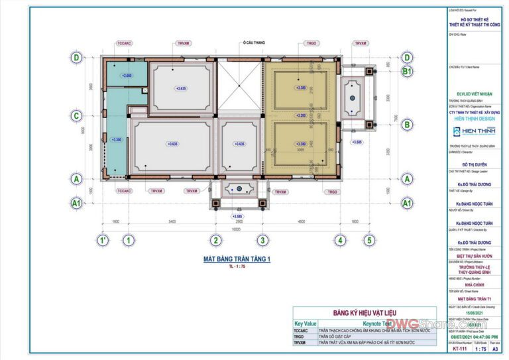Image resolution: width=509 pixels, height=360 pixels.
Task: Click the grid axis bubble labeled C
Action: pyautogui.click(x=77, y=116)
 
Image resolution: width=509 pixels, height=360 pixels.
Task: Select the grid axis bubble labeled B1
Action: pyautogui.click(x=407, y=71)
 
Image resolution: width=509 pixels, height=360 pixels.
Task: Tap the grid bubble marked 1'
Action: pyautogui.click(x=103, y=240)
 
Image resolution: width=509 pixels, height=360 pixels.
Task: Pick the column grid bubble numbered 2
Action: pyautogui.click(x=215, y=240)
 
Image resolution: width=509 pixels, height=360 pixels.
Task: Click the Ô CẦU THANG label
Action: pyautogui.click(x=254, y=43)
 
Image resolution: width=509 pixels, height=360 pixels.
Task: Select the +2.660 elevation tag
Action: pyautogui.click(x=127, y=76)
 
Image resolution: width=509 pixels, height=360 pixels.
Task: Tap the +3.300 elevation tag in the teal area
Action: pyautogui.click(x=117, y=140)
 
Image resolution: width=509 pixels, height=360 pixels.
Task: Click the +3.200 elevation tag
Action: pyautogui.click(x=301, y=115)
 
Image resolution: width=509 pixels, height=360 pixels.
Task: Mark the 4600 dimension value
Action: pyautogui.click(x=301, y=221)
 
